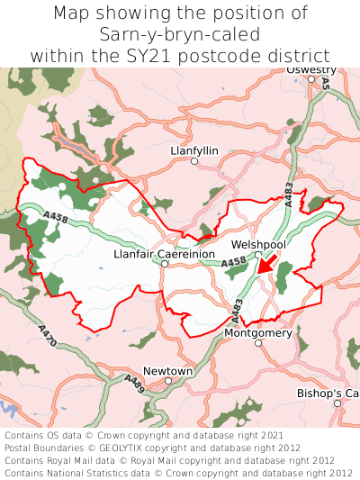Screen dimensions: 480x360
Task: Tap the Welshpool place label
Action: [x=258, y=244]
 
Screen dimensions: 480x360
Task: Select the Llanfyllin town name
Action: [x=193, y=150]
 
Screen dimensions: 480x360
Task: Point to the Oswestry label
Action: [x=310, y=69]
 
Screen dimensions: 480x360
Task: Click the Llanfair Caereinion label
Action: [x=164, y=254]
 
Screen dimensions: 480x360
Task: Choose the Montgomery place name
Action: [x=257, y=332]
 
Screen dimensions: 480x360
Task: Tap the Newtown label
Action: [x=168, y=371]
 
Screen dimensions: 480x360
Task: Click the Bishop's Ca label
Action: [x=328, y=394]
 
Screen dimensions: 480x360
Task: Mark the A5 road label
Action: [x=325, y=83]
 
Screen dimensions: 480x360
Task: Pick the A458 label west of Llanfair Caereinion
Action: [x=54, y=216]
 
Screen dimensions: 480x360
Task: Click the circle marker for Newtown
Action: [x=168, y=381]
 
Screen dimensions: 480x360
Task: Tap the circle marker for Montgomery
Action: [x=257, y=343]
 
